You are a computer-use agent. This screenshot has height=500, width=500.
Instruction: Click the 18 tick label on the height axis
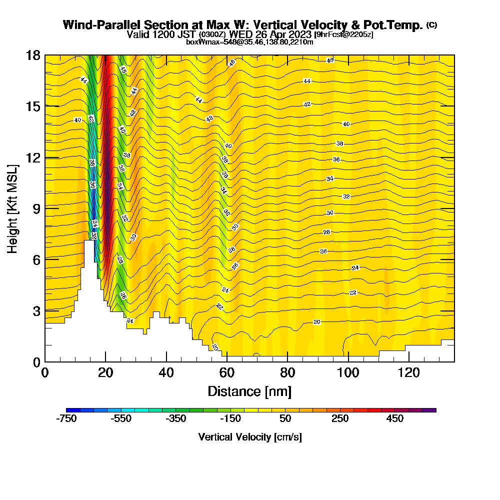pos(33,55)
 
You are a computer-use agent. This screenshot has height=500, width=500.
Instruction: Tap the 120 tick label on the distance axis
pos(408,373)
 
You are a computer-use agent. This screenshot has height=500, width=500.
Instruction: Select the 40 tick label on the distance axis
pos(166,373)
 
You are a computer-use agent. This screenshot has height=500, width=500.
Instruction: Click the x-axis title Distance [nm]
pos(249,391)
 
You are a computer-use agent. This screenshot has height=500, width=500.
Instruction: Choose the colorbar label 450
pos(395,419)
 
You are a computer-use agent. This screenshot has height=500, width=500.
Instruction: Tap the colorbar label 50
pos(285,419)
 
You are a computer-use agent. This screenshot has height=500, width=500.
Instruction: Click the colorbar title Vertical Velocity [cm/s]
pos(250,437)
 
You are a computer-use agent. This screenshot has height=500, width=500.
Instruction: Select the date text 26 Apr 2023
pos(280,34)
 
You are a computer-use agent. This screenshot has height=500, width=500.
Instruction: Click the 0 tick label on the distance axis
pos(45,373)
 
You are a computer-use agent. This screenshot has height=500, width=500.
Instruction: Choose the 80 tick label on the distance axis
pos(287,373)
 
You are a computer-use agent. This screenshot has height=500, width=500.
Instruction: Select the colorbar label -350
pos(175,419)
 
